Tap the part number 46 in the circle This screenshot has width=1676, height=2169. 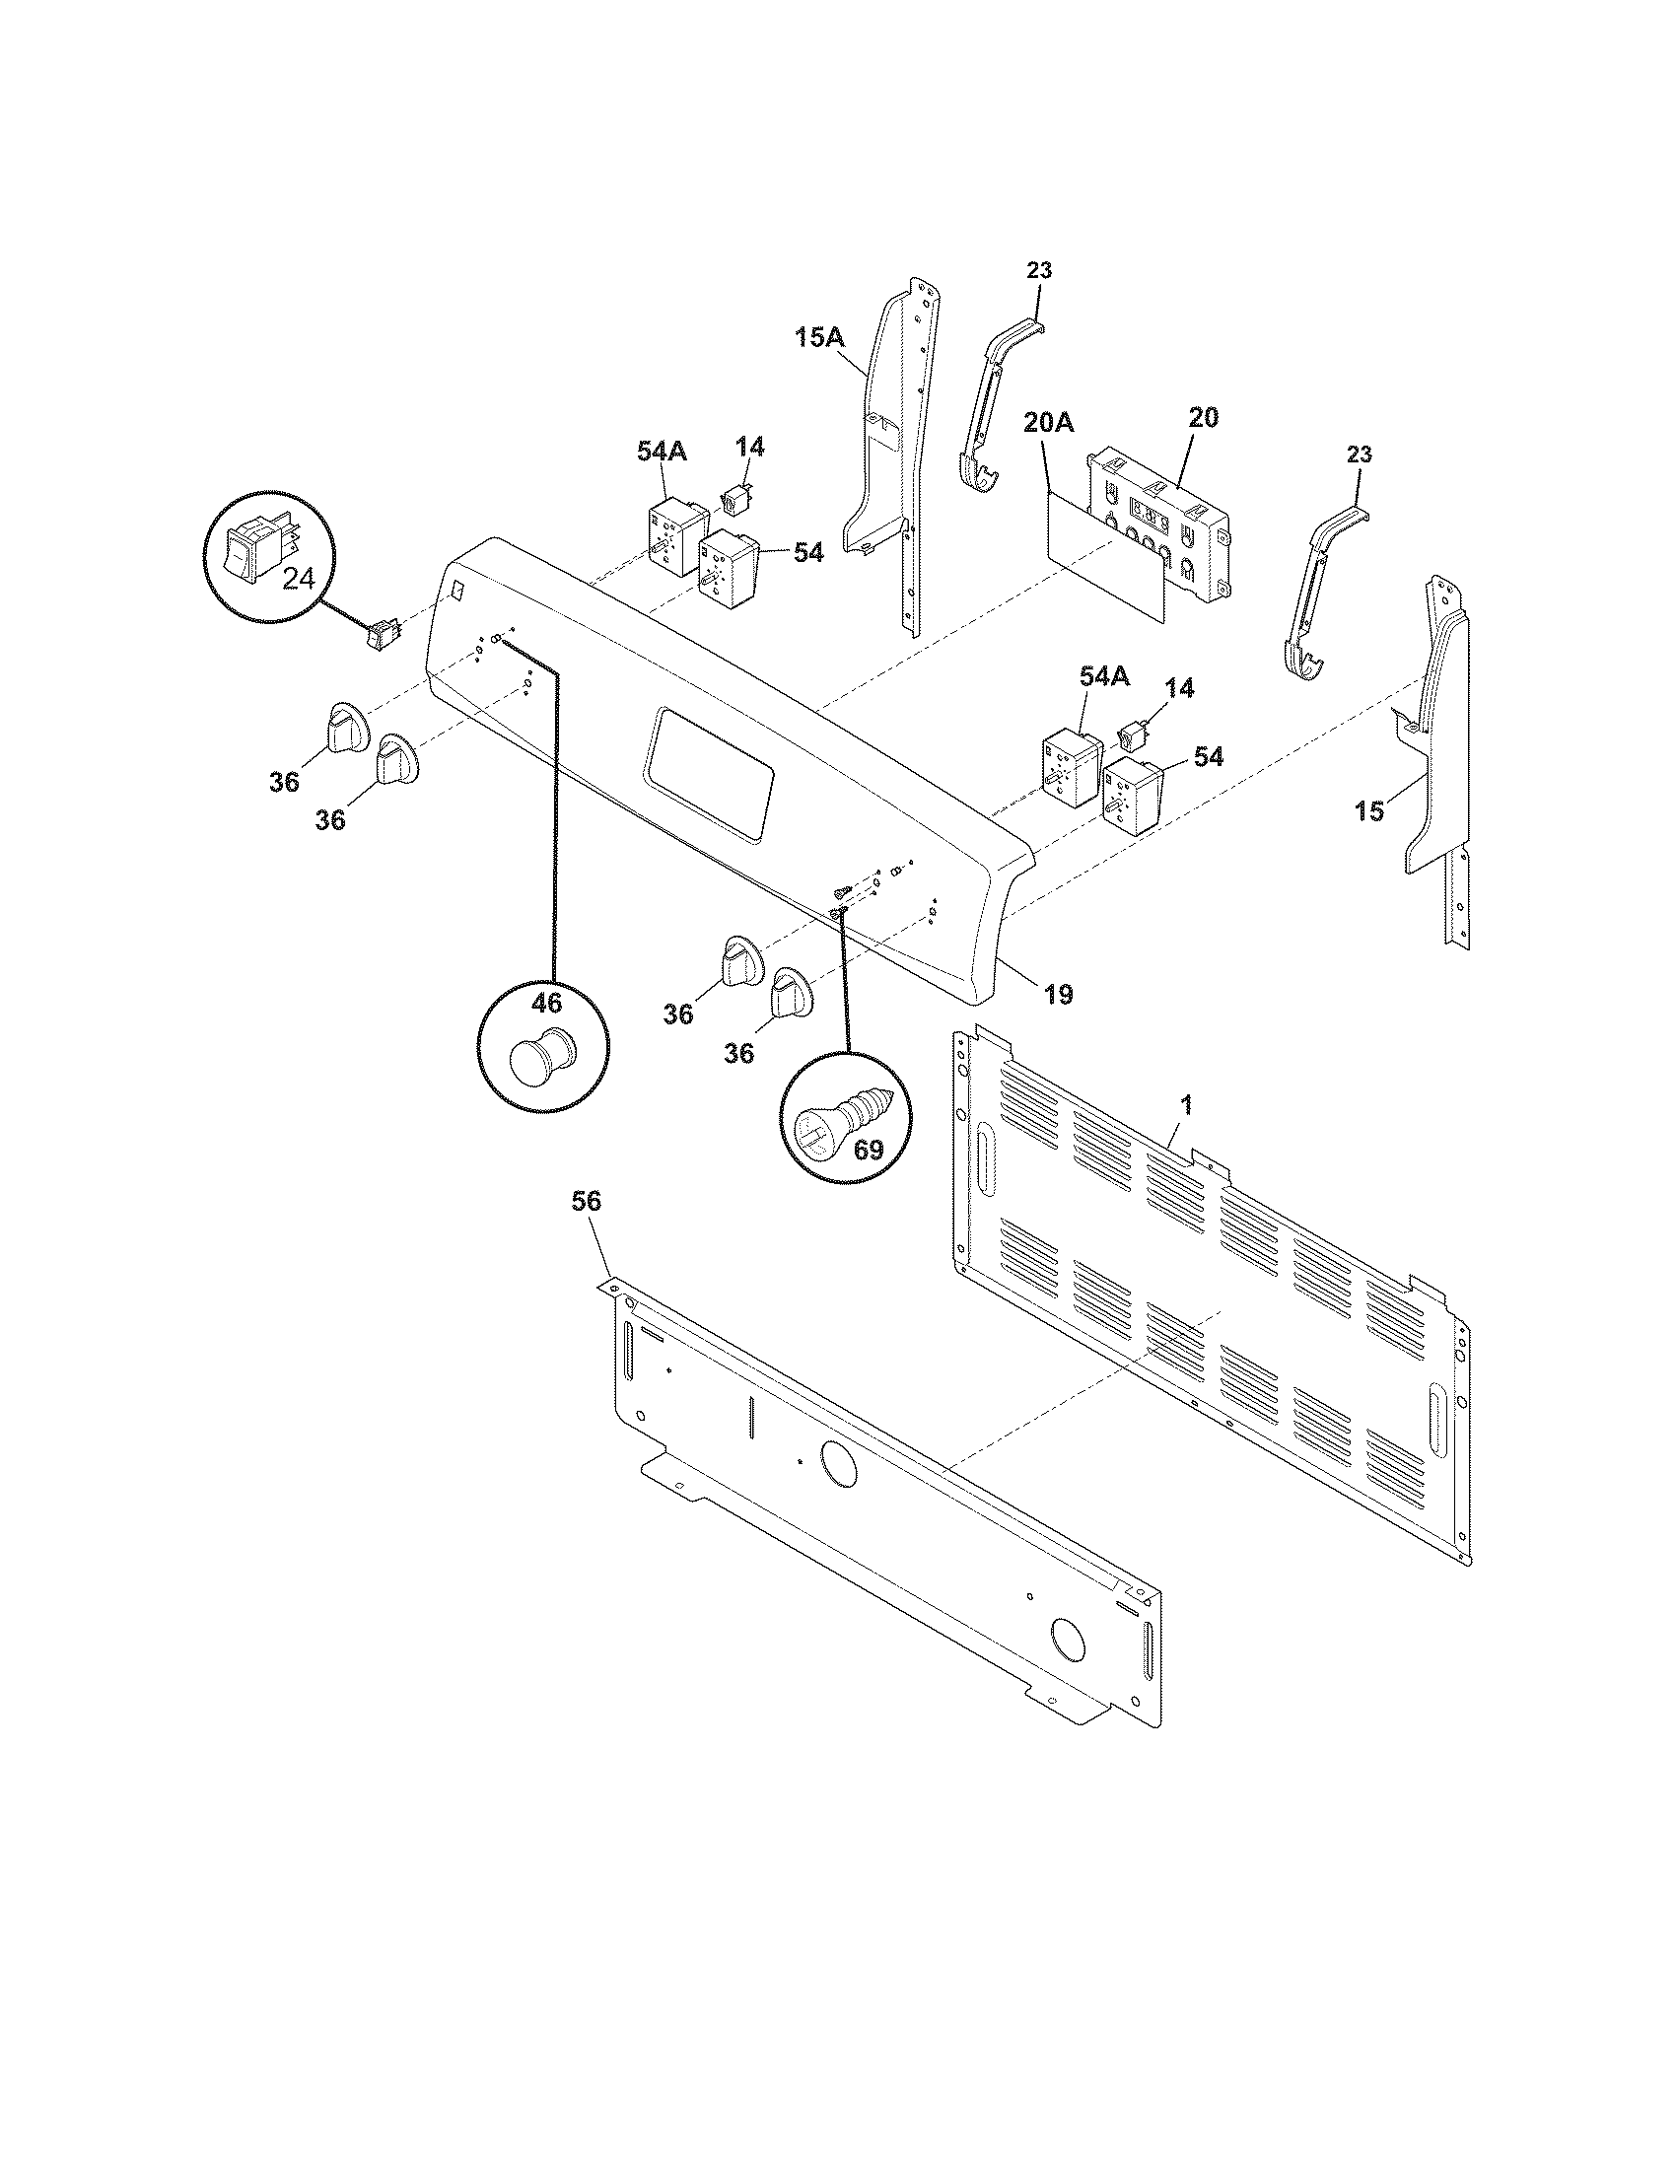click(545, 1003)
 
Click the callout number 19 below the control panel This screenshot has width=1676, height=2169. click(1059, 993)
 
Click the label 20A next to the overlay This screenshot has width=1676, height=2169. click(1049, 423)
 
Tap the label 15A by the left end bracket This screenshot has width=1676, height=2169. click(818, 337)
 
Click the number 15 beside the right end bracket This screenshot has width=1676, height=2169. click(1368, 811)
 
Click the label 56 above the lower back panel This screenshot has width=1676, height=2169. click(586, 1201)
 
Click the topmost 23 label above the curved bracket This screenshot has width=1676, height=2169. click(1038, 270)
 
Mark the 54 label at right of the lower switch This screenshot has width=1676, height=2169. click(1208, 757)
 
